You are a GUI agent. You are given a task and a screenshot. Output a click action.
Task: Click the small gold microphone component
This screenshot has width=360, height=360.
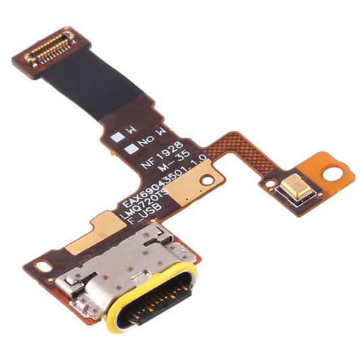pyautogui.click(x=298, y=186)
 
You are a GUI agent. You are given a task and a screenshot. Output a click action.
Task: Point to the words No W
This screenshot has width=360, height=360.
pyautogui.click(x=149, y=138)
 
